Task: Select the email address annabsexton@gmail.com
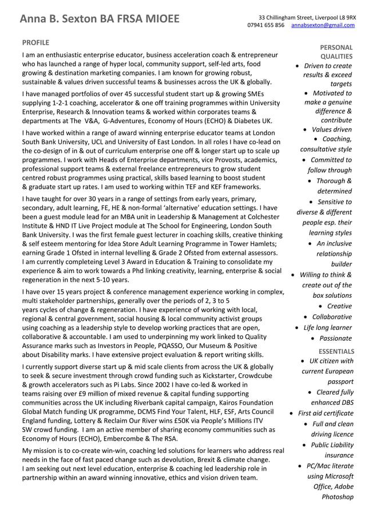click(323, 25)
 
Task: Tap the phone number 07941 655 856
click(265, 25)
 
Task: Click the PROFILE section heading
click(35, 42)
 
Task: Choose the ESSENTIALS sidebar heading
click(336, 351)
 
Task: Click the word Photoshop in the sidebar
click(338, 496)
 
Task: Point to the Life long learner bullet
click(327, 327)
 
